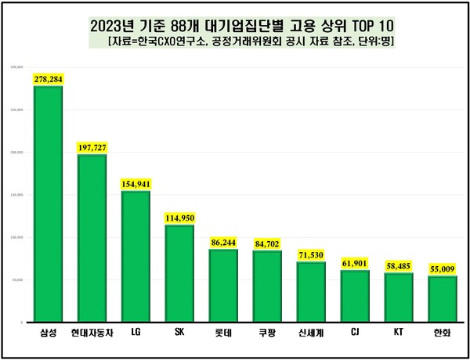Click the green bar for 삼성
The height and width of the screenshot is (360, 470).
48,203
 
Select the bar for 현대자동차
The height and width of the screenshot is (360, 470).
92,238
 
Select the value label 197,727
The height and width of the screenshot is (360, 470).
92,147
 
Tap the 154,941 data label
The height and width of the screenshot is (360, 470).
136,183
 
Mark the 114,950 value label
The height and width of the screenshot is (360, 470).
179,217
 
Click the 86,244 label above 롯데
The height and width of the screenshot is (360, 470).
223,242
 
